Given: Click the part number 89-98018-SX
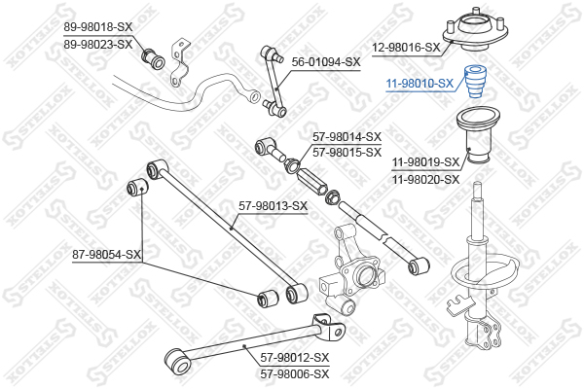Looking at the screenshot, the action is point(98,27).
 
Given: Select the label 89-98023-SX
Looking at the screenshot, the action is point(98,45).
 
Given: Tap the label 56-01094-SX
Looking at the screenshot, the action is point(326,62).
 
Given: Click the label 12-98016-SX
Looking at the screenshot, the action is point(406,48).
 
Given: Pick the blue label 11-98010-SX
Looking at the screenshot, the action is point(420,84).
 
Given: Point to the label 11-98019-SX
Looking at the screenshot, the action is point(425,162).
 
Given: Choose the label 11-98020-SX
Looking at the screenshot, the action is point(425,180).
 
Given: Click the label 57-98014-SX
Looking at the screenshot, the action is point(347,137).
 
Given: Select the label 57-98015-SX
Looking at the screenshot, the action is point(347,153).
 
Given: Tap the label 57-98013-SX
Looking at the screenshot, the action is point(273,205).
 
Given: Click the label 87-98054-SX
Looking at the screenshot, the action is point(106,255).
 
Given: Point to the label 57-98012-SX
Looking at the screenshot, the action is point(295,358).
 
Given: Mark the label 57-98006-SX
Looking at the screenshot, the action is point(295,373).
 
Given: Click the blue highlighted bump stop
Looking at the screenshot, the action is point(475,82).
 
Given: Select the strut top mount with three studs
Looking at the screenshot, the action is point(476,31).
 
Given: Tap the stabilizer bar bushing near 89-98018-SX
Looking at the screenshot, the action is point(153,58).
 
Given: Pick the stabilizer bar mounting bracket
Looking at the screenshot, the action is point(180,62).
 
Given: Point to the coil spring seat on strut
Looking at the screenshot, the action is point(484,270).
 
